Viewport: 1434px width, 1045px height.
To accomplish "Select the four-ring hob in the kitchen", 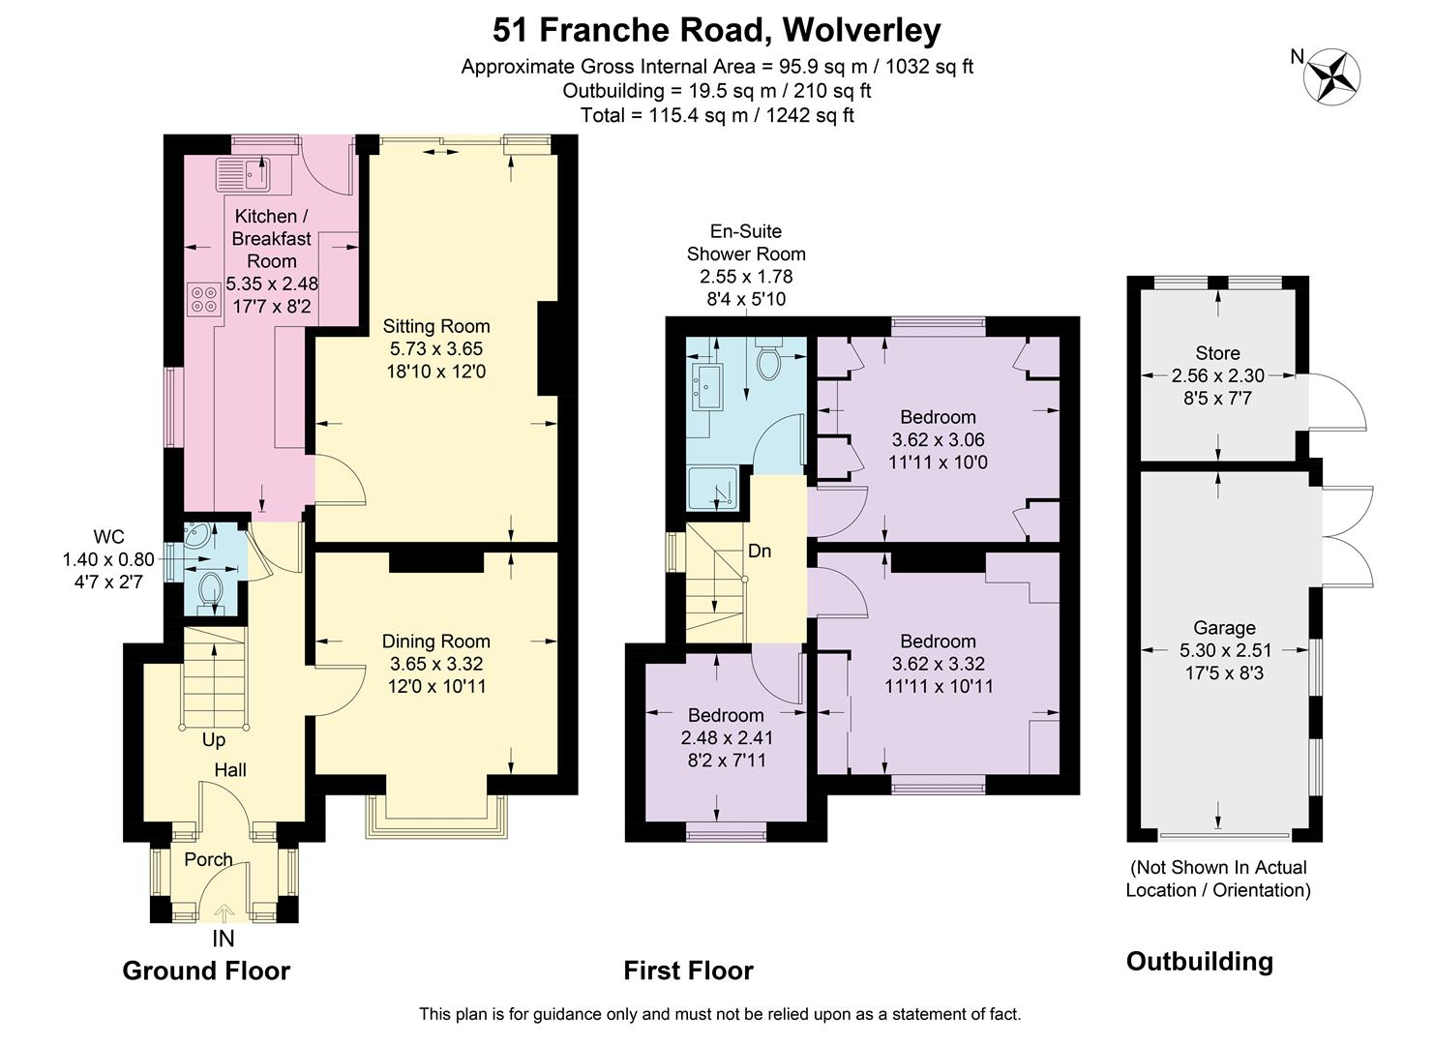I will (x=203, y=298).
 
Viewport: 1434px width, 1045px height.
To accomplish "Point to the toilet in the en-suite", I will (x=769, y=363).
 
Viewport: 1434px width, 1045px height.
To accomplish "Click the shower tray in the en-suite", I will (x=714, y=489).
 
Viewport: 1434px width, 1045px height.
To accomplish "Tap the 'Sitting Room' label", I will (x=435, y=326).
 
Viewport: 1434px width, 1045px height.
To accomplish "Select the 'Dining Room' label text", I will (x=435, y=641).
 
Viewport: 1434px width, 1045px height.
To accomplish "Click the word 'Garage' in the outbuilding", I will (x=1224, y=628).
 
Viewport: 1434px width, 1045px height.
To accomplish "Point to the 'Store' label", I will (x=1217, y=353).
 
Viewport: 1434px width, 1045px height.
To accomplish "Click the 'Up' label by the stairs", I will (x=214, y=739).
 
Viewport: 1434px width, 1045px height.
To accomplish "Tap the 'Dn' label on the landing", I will (x=760, y=551).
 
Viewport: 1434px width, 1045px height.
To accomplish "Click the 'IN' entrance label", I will (x=224, y=939).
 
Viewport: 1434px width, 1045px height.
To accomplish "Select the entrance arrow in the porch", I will (x=224, y=912).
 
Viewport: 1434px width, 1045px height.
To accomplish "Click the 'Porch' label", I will (x=208, y=859).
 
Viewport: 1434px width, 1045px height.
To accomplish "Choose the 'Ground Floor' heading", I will (x=206, y=970).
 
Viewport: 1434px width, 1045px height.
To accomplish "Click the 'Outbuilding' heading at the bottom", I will (x=1199, y=961).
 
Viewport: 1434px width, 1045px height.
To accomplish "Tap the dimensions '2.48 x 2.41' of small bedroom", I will (x=727, y=737).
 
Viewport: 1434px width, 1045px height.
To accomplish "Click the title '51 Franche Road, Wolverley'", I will (x=716, y=30).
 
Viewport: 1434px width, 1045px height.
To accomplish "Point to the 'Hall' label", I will (x=230, y=769).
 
